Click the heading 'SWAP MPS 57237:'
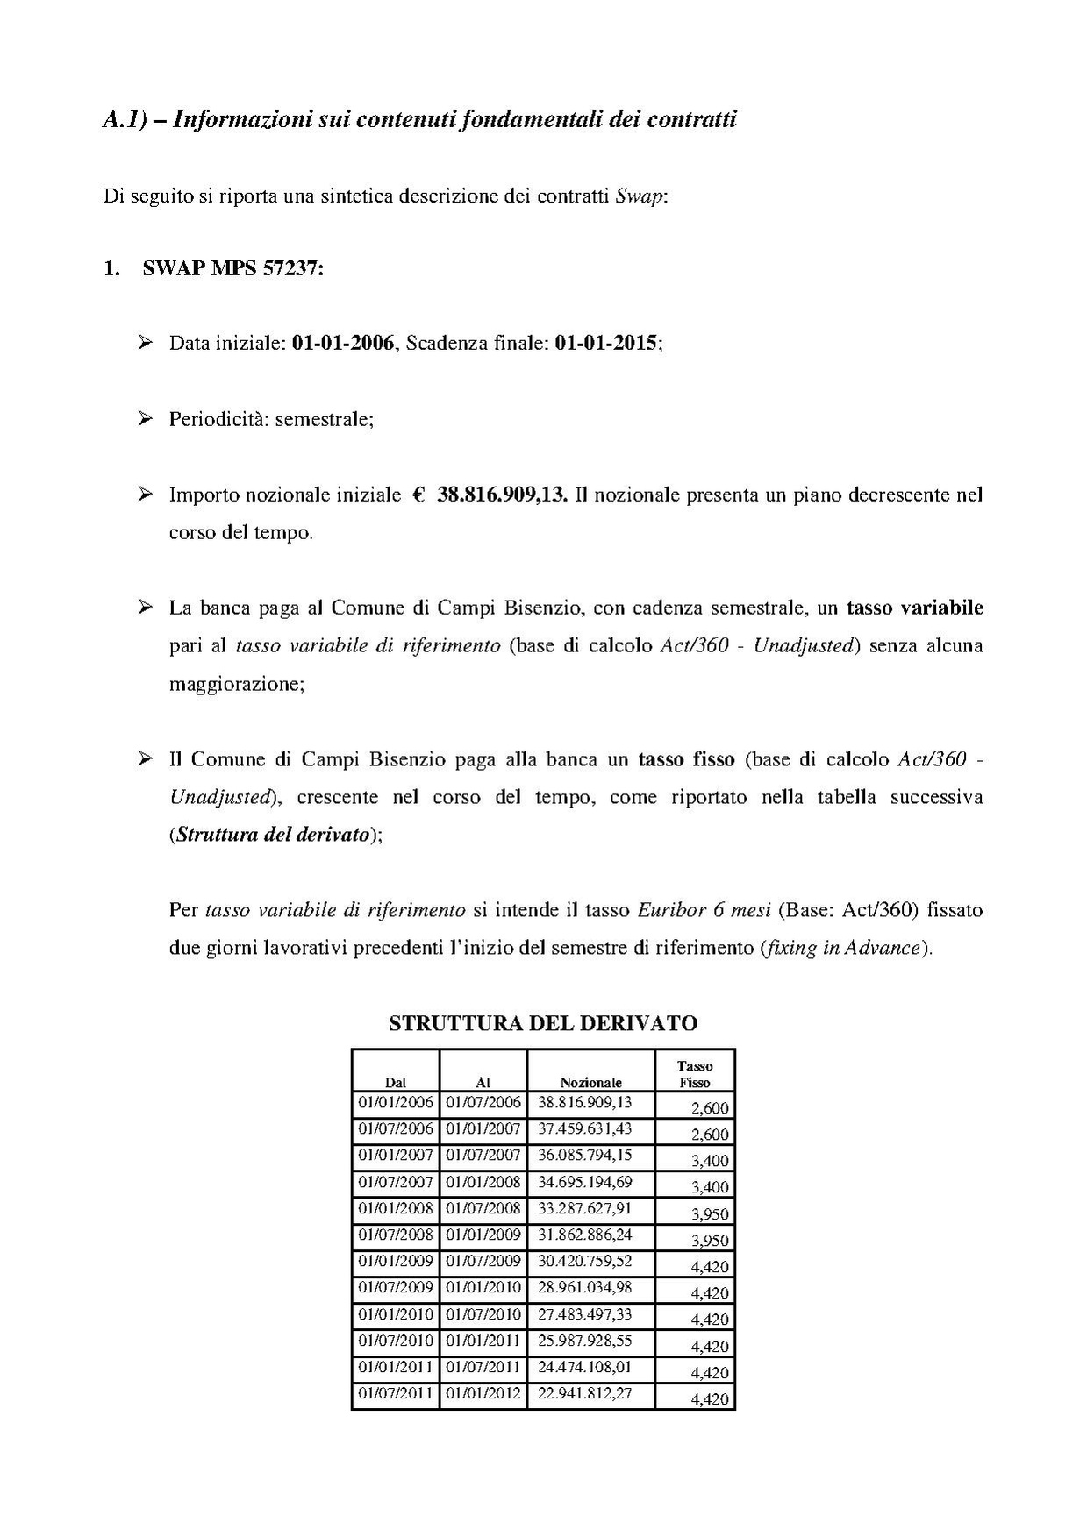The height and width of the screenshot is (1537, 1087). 232,268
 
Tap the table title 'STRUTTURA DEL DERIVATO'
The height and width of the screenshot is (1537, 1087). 542,1022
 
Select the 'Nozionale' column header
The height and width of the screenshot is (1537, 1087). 590,1083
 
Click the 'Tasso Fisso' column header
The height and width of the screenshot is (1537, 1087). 694,1074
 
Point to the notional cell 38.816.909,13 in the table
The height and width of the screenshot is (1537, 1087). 584,1103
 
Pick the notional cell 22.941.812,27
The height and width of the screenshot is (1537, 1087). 584,1393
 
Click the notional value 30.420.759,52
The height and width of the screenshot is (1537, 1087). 584,1262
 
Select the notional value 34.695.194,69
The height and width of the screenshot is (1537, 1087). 584,1182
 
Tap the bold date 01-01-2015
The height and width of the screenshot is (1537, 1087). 605,343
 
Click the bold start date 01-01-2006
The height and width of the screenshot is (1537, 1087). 342,343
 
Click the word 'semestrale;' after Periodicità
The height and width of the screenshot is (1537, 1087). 325,419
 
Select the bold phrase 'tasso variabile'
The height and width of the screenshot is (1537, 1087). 914,608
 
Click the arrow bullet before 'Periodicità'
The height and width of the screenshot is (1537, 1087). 146,418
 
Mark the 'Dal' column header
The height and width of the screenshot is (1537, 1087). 396,1083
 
